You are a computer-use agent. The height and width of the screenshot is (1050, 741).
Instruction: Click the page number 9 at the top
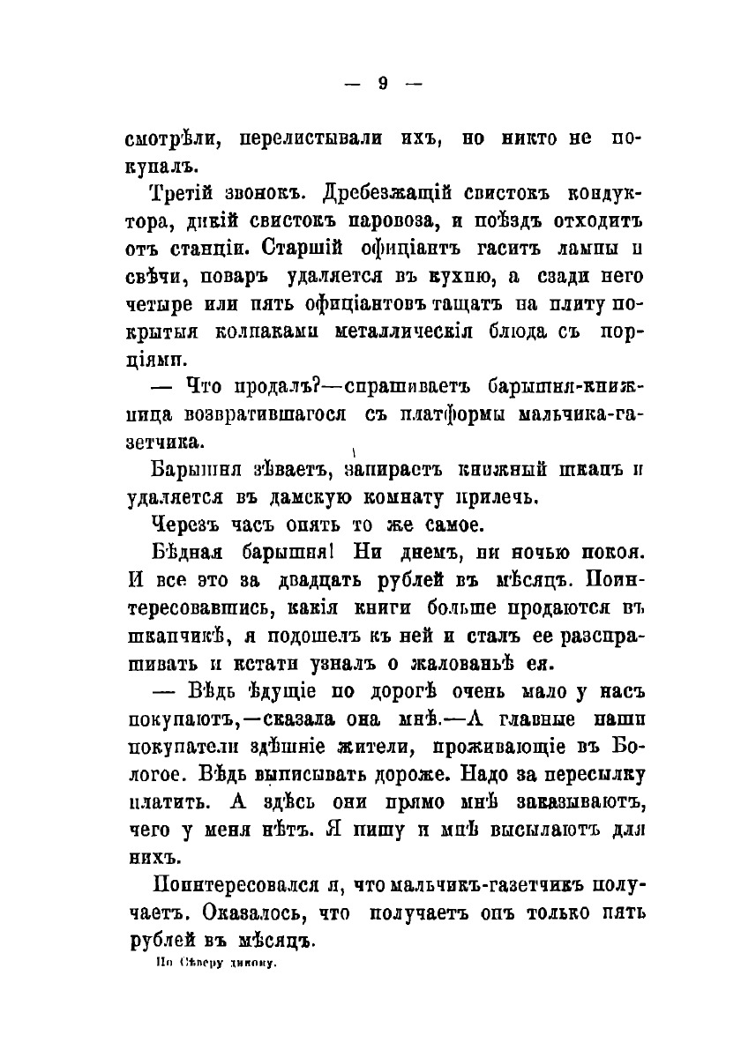(382, 84)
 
